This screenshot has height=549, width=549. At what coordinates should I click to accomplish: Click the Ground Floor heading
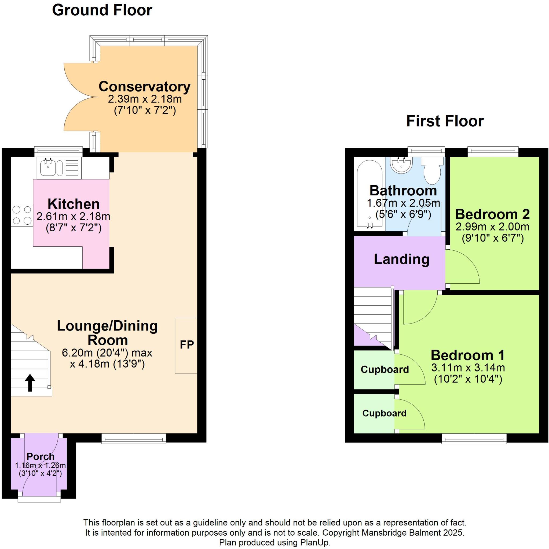[102, 10]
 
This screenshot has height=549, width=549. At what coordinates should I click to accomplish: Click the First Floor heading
[445, 121]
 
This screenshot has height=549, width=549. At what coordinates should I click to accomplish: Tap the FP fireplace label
[186, 345]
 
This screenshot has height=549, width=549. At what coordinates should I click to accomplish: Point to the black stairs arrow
[30, 382]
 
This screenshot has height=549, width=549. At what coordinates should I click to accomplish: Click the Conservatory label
[145, 86]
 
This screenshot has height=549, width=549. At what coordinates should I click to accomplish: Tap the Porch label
[41, 456]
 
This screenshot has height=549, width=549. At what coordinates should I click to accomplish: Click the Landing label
[401, 259]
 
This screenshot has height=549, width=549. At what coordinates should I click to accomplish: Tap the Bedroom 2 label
[492, 214]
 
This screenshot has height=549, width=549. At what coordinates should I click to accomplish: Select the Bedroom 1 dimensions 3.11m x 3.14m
[468, 368]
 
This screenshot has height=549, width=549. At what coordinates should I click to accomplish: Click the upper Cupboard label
[385, 369]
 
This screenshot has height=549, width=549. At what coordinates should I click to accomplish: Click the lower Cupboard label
[384, 413]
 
